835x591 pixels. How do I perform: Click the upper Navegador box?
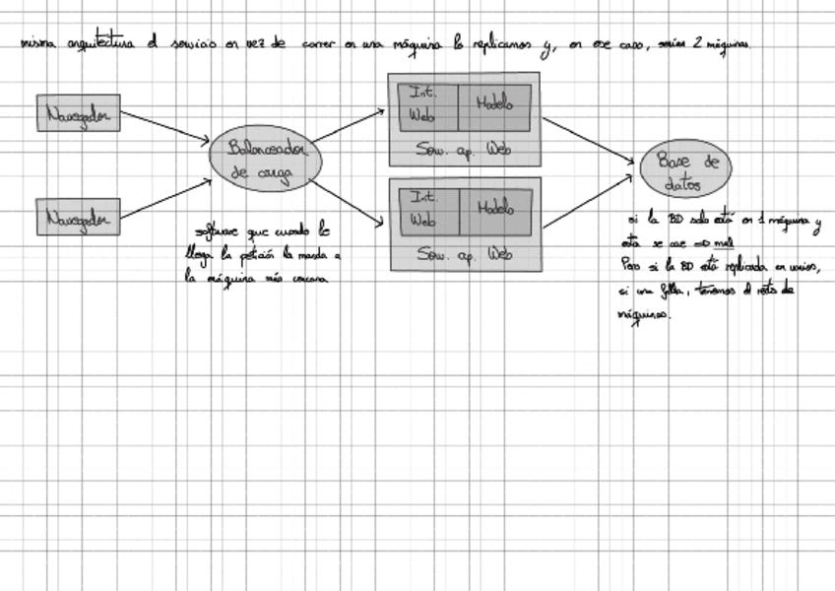(x=79, y=113)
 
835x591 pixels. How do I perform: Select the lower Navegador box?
(x=79, y=217)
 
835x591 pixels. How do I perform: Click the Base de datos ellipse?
(x=686, y=170)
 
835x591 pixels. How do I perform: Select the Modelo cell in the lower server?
(x=495, y=210)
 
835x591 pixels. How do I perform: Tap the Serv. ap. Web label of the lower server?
(x=464, y=254)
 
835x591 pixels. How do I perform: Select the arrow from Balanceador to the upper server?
(x=348, y=125)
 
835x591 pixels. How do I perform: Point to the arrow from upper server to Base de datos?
(x=588, y=140)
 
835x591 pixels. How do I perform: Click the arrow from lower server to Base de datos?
(x=588, y=202)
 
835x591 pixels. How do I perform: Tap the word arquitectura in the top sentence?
(x=103, y=45)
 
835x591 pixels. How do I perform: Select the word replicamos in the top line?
(x=504, y=45)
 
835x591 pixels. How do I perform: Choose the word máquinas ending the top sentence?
(x=727, y=45)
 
